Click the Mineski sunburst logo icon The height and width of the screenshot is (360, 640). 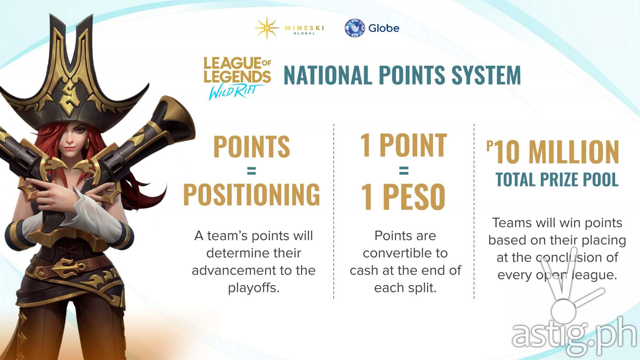tap(267, 28)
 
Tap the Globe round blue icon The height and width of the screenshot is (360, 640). tap(355, 28)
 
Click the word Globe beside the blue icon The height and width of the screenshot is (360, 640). tap(384, 28)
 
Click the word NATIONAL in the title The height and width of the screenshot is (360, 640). tap(328, 76)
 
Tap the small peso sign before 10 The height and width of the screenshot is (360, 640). tap(489, 146)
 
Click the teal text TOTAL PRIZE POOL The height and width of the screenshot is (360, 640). tap(557, 180)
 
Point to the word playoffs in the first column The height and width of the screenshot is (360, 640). tap(253, 288)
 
